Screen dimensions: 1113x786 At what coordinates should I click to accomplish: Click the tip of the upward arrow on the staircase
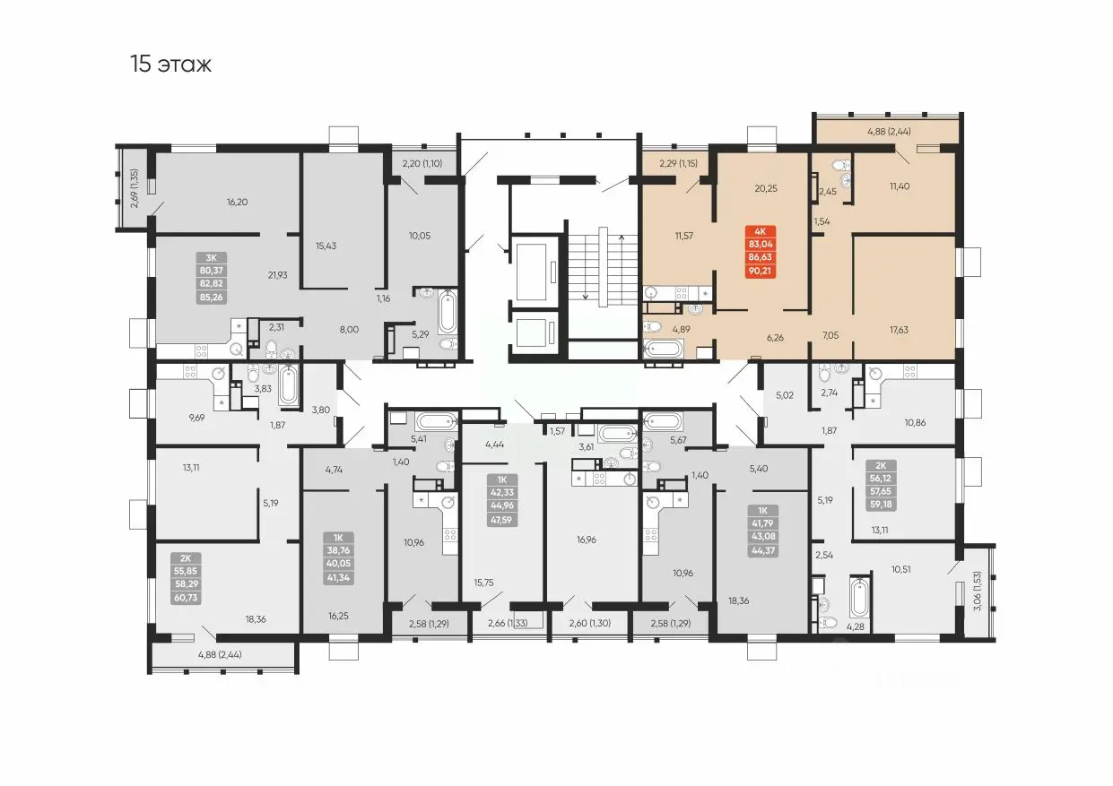[622, 236]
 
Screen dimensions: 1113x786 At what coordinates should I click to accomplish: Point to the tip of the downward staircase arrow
[586, 299]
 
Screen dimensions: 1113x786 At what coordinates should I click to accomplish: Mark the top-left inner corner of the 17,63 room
[854, 238]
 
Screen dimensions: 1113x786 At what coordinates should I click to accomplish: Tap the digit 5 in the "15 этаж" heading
[144, 64]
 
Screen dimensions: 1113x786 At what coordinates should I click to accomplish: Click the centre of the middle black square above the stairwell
[563, 135]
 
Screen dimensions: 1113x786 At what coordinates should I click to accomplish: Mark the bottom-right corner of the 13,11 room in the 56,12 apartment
[955, 540]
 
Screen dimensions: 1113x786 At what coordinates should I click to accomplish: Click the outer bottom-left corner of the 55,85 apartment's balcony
[149, 673]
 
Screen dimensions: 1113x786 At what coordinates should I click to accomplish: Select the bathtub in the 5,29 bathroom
[448, 312]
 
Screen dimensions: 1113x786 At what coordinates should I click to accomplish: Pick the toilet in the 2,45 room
[841, 165]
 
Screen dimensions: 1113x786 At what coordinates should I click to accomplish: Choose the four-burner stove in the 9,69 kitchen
[190, 371]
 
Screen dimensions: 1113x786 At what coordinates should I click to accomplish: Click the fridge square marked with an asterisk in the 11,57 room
[705, 293]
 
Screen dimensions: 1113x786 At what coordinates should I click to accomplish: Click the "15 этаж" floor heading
[171, 64]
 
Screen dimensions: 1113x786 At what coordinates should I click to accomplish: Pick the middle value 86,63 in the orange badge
[761, 257]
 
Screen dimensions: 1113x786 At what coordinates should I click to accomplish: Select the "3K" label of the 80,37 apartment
[211, 258]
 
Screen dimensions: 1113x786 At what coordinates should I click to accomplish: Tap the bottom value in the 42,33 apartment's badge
[502, 520]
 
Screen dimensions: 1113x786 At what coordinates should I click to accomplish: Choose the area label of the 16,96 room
[587, 540]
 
